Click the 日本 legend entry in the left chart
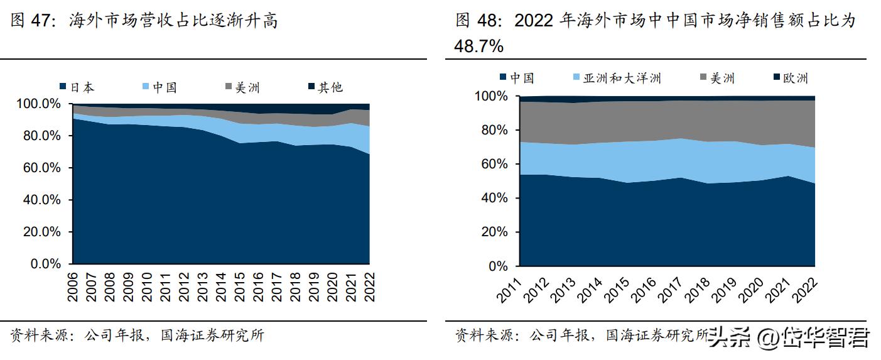[77, 87]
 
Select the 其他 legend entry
[325, 87]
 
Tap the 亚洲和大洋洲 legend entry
[615, 78]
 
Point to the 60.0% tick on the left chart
[41, 168]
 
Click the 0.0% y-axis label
[46, 264]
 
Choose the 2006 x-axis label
[73, 284]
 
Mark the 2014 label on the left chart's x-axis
[222, 284]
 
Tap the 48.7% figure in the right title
[479, 45]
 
